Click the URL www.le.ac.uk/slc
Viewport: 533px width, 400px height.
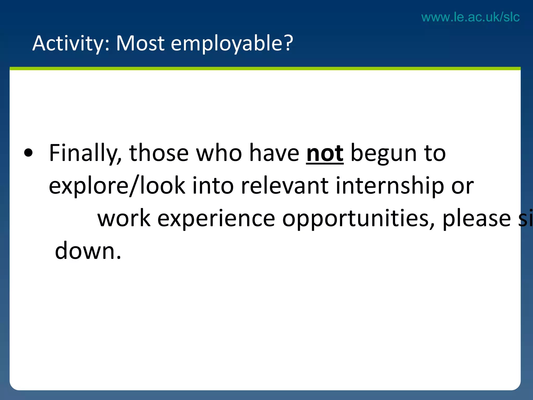(470, 17)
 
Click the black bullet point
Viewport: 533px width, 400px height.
(28, 153)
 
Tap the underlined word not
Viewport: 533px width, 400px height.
(325, 154)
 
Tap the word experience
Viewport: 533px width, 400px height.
(216, 219)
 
